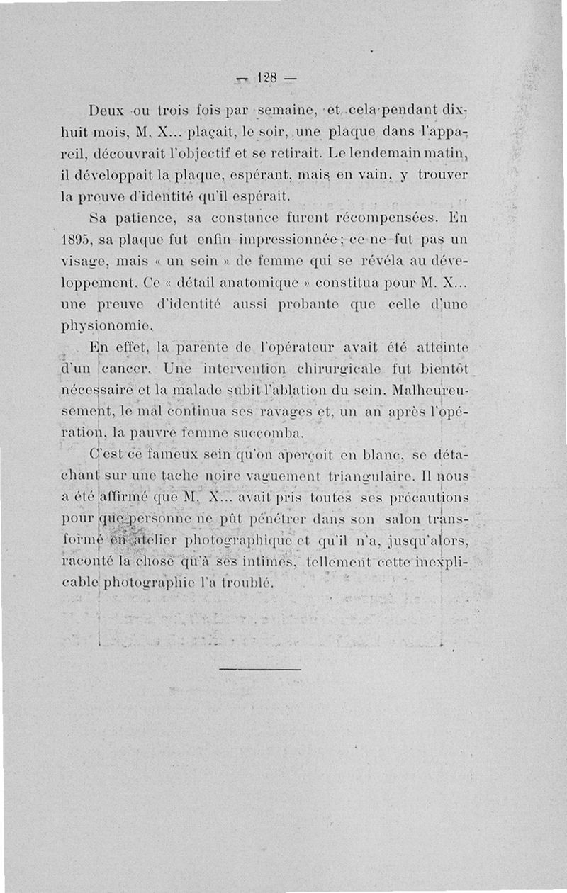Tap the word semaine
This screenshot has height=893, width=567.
282,112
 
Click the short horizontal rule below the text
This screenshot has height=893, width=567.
260,668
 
